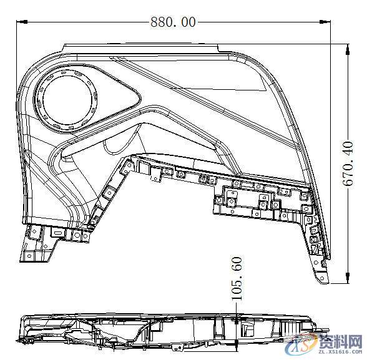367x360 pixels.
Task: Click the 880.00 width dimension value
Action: pos(172,22)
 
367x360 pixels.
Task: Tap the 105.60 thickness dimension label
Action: pos(237,278)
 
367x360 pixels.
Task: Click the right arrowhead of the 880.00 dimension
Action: pos(329,22)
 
